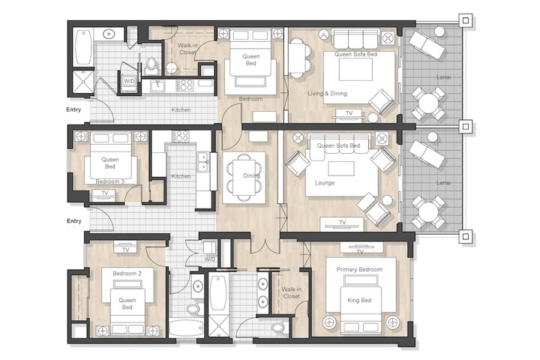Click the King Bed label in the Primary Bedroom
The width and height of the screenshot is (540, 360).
pyautogui.click(x=359, y=301)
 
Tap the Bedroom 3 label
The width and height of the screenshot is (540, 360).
pyautogui.click(x=109, y=181)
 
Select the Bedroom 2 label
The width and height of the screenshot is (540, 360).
pyautogui.click(x=127, y=274)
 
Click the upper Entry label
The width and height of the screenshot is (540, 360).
pyautogui.click(x=73, y=109)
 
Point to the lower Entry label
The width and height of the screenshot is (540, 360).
pyautogui.click(x=74, y=220)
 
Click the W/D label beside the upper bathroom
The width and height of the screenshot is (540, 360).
pyautogui.click(x=129, y=81)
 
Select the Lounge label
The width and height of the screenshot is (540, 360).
pyautogui.click(x=325, y=183)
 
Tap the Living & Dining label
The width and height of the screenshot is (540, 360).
pyautogui.click(x=327, y=93)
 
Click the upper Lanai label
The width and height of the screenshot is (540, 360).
pyautogui.click(x=443, y=77)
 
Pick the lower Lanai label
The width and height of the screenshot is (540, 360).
pyautogui.click(x=443, y=182)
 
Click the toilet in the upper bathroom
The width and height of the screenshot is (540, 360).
pyautogui.click(x=151, y=66)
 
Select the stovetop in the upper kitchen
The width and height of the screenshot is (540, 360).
pyautogui.click(x=185, y=85)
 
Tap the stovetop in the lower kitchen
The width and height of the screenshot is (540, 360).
pyautogui.click(x=181, y=136)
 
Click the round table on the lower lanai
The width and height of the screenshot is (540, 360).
pyautogui.click(x=428, y=211)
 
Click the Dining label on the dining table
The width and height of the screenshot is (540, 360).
pyautogui.click(x=251, y=175)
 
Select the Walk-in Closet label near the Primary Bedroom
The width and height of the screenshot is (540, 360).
pyautogui.click(x=291, y=292)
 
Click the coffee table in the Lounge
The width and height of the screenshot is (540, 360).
pyautogui.click(x=341, y=169)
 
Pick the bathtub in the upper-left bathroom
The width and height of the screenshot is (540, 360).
pyautogui.click(x=83, y=46)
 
